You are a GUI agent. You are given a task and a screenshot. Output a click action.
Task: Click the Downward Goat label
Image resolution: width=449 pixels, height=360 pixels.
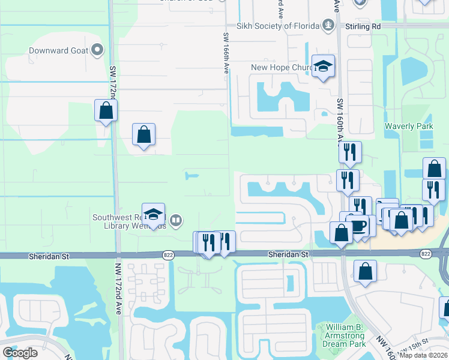(x=58, y=50)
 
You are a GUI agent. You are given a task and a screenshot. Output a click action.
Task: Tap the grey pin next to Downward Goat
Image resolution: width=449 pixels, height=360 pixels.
(x=97, y=50)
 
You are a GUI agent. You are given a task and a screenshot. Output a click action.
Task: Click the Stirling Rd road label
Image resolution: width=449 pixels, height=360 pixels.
(x=363, y=26)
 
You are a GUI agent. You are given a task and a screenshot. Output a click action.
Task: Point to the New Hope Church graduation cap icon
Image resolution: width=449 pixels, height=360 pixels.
(x=323, y=67)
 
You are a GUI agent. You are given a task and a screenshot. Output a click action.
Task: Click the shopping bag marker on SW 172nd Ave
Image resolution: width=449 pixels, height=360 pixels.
(x=106, y=111)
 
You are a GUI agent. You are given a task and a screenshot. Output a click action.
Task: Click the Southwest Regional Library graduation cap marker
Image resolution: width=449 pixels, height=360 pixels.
(x=154, y=214)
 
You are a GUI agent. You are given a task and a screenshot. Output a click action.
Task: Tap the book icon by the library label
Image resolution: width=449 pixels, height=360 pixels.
(x=175, y=220)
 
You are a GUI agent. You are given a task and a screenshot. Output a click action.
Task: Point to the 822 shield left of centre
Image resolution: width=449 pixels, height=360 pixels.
(x=167, y=255)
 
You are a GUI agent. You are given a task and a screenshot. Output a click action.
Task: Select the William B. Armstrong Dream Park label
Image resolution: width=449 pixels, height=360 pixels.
(x=345, y=335)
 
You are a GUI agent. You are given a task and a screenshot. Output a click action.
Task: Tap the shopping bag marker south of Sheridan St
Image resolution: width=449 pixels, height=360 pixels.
(x=365, y=272)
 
